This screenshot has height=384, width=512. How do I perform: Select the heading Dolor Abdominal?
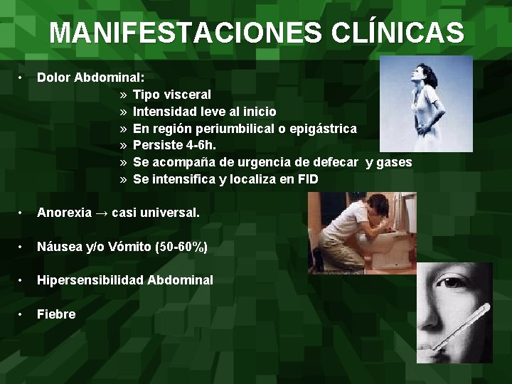(91, 77)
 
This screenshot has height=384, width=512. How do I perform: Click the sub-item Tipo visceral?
(172, 94)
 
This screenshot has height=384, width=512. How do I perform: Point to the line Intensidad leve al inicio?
(205, 111)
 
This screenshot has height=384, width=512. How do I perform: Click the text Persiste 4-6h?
(174, 145)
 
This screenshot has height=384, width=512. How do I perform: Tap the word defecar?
(336, 162)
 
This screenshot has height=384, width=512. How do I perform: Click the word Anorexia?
(64, 213)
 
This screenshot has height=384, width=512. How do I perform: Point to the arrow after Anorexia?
(104, 213)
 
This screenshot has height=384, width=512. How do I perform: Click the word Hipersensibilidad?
(90, 280)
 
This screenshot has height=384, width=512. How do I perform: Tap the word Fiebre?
(56, 314)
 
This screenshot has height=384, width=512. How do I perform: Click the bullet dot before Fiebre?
(23, 314)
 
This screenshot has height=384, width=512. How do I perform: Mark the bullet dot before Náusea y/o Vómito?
(23, 246)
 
